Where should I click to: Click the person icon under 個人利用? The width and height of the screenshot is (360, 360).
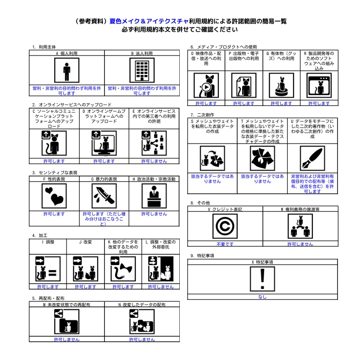(x=67, y=70)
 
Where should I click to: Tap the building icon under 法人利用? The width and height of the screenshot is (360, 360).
(x=142, y=70)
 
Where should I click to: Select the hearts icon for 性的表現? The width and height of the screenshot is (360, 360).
(x=54, y=196)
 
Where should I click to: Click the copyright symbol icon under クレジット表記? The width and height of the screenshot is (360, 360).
(x=225, y=227)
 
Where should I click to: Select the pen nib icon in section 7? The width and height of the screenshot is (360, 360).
(x=312, y=158)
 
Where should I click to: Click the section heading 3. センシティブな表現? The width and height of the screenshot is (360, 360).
(x=55, y=173)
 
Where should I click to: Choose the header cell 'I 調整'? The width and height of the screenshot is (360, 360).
(x=48, y=242)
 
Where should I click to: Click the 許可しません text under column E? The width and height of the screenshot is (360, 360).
(x=154, y=161)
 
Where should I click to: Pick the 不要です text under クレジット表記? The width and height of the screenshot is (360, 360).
(x=225, y=244)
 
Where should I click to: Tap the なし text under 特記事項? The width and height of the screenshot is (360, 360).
(x=262, y=297)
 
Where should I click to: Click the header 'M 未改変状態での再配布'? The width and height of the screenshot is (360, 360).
(x=66, y=305)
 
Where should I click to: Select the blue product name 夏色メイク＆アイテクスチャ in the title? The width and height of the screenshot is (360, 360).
(x=149, y=21)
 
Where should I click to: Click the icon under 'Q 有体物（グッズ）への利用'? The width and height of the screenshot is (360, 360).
(x=281, y=85)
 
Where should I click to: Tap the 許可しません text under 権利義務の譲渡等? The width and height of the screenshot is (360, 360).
(x=300, y=244)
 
